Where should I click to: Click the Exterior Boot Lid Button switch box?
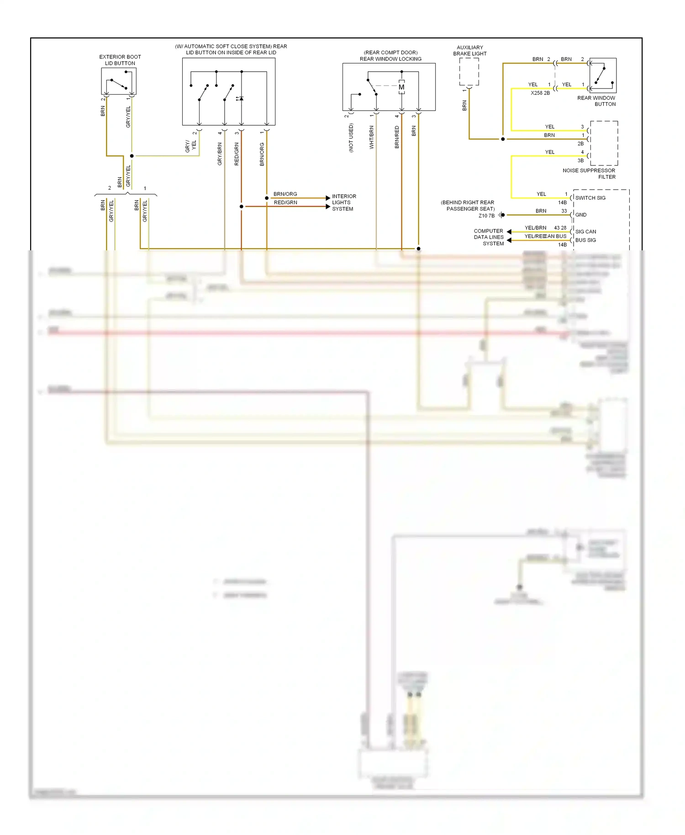119,81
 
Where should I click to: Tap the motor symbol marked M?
401,87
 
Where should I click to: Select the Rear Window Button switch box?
603,75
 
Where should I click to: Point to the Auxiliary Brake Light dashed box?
469,72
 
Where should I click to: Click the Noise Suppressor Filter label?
589,174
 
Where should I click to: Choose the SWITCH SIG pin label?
590,198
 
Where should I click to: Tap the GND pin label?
581,215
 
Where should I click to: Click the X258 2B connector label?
540,93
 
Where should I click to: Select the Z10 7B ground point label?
486,216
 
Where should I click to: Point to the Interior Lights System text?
344,202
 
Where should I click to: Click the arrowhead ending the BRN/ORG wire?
328,198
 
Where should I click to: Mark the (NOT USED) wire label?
351,138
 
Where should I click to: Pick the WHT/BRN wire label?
371,137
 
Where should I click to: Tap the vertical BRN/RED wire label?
396,137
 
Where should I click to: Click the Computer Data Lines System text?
489,237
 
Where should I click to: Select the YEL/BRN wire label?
535,228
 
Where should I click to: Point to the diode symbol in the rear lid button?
241,99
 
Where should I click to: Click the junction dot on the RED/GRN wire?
242,206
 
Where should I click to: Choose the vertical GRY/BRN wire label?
220,154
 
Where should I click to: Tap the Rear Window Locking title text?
390,59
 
